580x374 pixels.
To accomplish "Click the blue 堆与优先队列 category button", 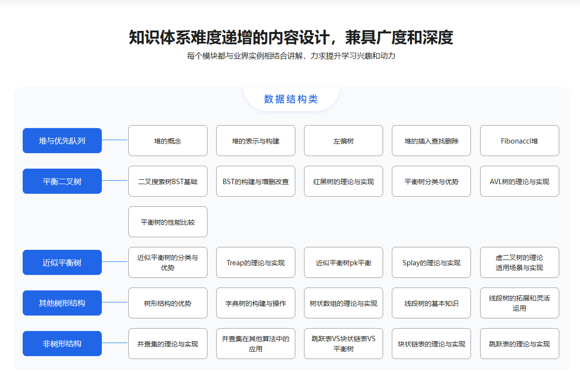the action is click(62, 141).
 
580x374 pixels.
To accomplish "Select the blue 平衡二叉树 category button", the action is click(62, 181).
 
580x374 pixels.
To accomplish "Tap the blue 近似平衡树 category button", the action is click(62, 262).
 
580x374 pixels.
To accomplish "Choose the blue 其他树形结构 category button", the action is click(62, 303).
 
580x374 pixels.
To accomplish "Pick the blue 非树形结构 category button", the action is click(62, 344).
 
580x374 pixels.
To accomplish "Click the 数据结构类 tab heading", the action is click(291, 99).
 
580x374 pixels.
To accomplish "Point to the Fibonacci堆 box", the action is click(519, 141).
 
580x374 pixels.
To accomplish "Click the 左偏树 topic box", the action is click(344, 141).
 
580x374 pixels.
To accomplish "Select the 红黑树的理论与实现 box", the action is click(344, 181).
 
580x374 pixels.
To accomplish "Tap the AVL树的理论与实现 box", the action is click(519, 181).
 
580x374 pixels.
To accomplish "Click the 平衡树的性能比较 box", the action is click(168, 222).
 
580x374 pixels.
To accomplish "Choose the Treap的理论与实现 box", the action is click(256, 262).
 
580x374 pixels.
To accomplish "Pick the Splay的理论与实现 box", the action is click(431, 262).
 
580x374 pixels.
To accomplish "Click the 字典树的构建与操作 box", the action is click(256, 303).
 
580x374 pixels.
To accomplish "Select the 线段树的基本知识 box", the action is click(431, 303).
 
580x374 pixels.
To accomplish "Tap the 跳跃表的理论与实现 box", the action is click(519, 344).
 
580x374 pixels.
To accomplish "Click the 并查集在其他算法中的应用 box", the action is click(256, 344).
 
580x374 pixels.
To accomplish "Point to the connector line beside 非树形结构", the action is click(115, 343).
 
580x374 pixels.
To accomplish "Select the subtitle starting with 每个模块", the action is click(291, 56).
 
